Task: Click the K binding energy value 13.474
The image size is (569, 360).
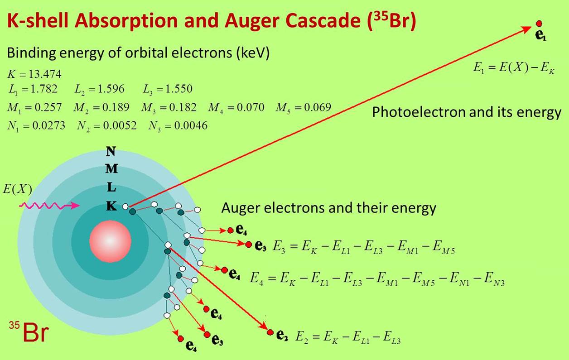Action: click(45, 74)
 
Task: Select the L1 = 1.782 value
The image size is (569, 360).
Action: click(33, 89)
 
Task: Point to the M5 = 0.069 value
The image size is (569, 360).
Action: click(303, 108)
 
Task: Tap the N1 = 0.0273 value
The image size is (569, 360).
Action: click(36, 126)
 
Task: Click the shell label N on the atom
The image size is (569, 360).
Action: click(111, 152)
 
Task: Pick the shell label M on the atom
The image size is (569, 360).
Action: click(111, 168)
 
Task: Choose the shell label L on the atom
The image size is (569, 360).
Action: click(111, 187)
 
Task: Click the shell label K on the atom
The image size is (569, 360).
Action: click(111, 206)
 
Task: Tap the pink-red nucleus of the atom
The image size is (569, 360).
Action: click(110, 241)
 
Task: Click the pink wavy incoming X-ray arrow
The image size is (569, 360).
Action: click(49, 206)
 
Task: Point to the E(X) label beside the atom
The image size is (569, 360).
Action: click(17, 189)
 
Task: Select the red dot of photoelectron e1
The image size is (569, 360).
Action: click(539, 24)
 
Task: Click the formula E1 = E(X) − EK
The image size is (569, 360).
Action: click(514, 68)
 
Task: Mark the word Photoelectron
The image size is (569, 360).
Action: click(419, 112)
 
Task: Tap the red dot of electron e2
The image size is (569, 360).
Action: click(270, 332)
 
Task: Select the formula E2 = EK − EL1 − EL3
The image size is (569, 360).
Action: click(348, 338)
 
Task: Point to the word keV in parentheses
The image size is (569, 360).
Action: click(252, 53)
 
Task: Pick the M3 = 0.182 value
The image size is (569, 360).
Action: click(169, 108)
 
